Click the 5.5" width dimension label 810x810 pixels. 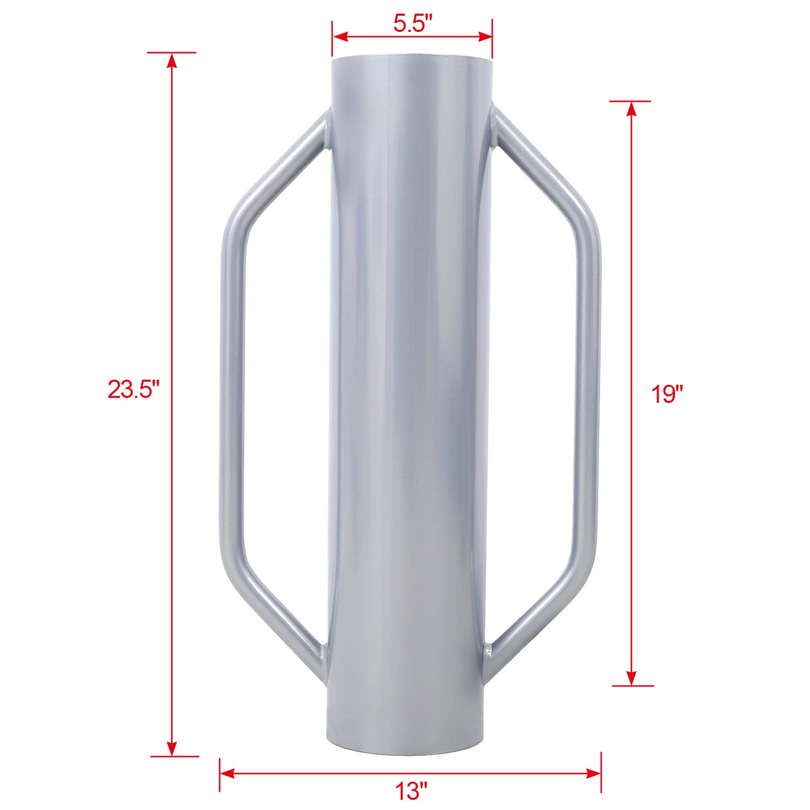[x=412, y=24]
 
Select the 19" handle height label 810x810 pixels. [x=668, y=394]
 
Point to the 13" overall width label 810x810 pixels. [x=410, y=792]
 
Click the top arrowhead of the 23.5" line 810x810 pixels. [x=172, y=60]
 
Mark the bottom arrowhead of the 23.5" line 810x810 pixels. [x=172, y=748]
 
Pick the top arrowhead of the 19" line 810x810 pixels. [x=631, y=109]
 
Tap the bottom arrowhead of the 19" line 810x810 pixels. [x=631, y=677]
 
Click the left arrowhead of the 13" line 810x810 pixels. [x=228, y=773]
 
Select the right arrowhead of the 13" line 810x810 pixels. [x=593, y=773]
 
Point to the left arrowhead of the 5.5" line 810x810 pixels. [x=340, y=36]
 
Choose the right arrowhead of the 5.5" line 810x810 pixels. [x=484, y=36]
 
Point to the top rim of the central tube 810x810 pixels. [x=412, y=60]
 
